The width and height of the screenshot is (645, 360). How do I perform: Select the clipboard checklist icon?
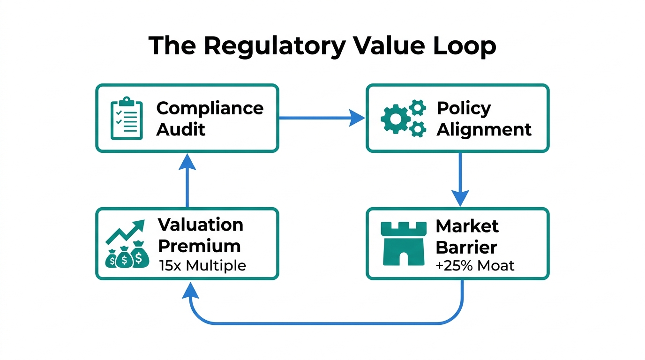coord(126,118)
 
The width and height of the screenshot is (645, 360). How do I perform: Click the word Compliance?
coord(210,108)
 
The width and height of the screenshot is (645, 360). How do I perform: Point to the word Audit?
coord(180,129)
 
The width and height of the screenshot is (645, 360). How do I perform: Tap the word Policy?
coord(464,108)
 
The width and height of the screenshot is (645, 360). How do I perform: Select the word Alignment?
coord(484,129)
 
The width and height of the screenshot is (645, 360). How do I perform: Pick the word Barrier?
coord(466,247)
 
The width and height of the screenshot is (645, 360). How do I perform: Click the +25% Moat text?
coord(474,266)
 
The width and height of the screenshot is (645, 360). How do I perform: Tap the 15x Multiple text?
coord(202,266)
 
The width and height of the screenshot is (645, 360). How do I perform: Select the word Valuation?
coord(201,225)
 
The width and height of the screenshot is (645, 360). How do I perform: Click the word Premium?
coord(199,246)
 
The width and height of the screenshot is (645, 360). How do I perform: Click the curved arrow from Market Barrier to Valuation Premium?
coord(323,323)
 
